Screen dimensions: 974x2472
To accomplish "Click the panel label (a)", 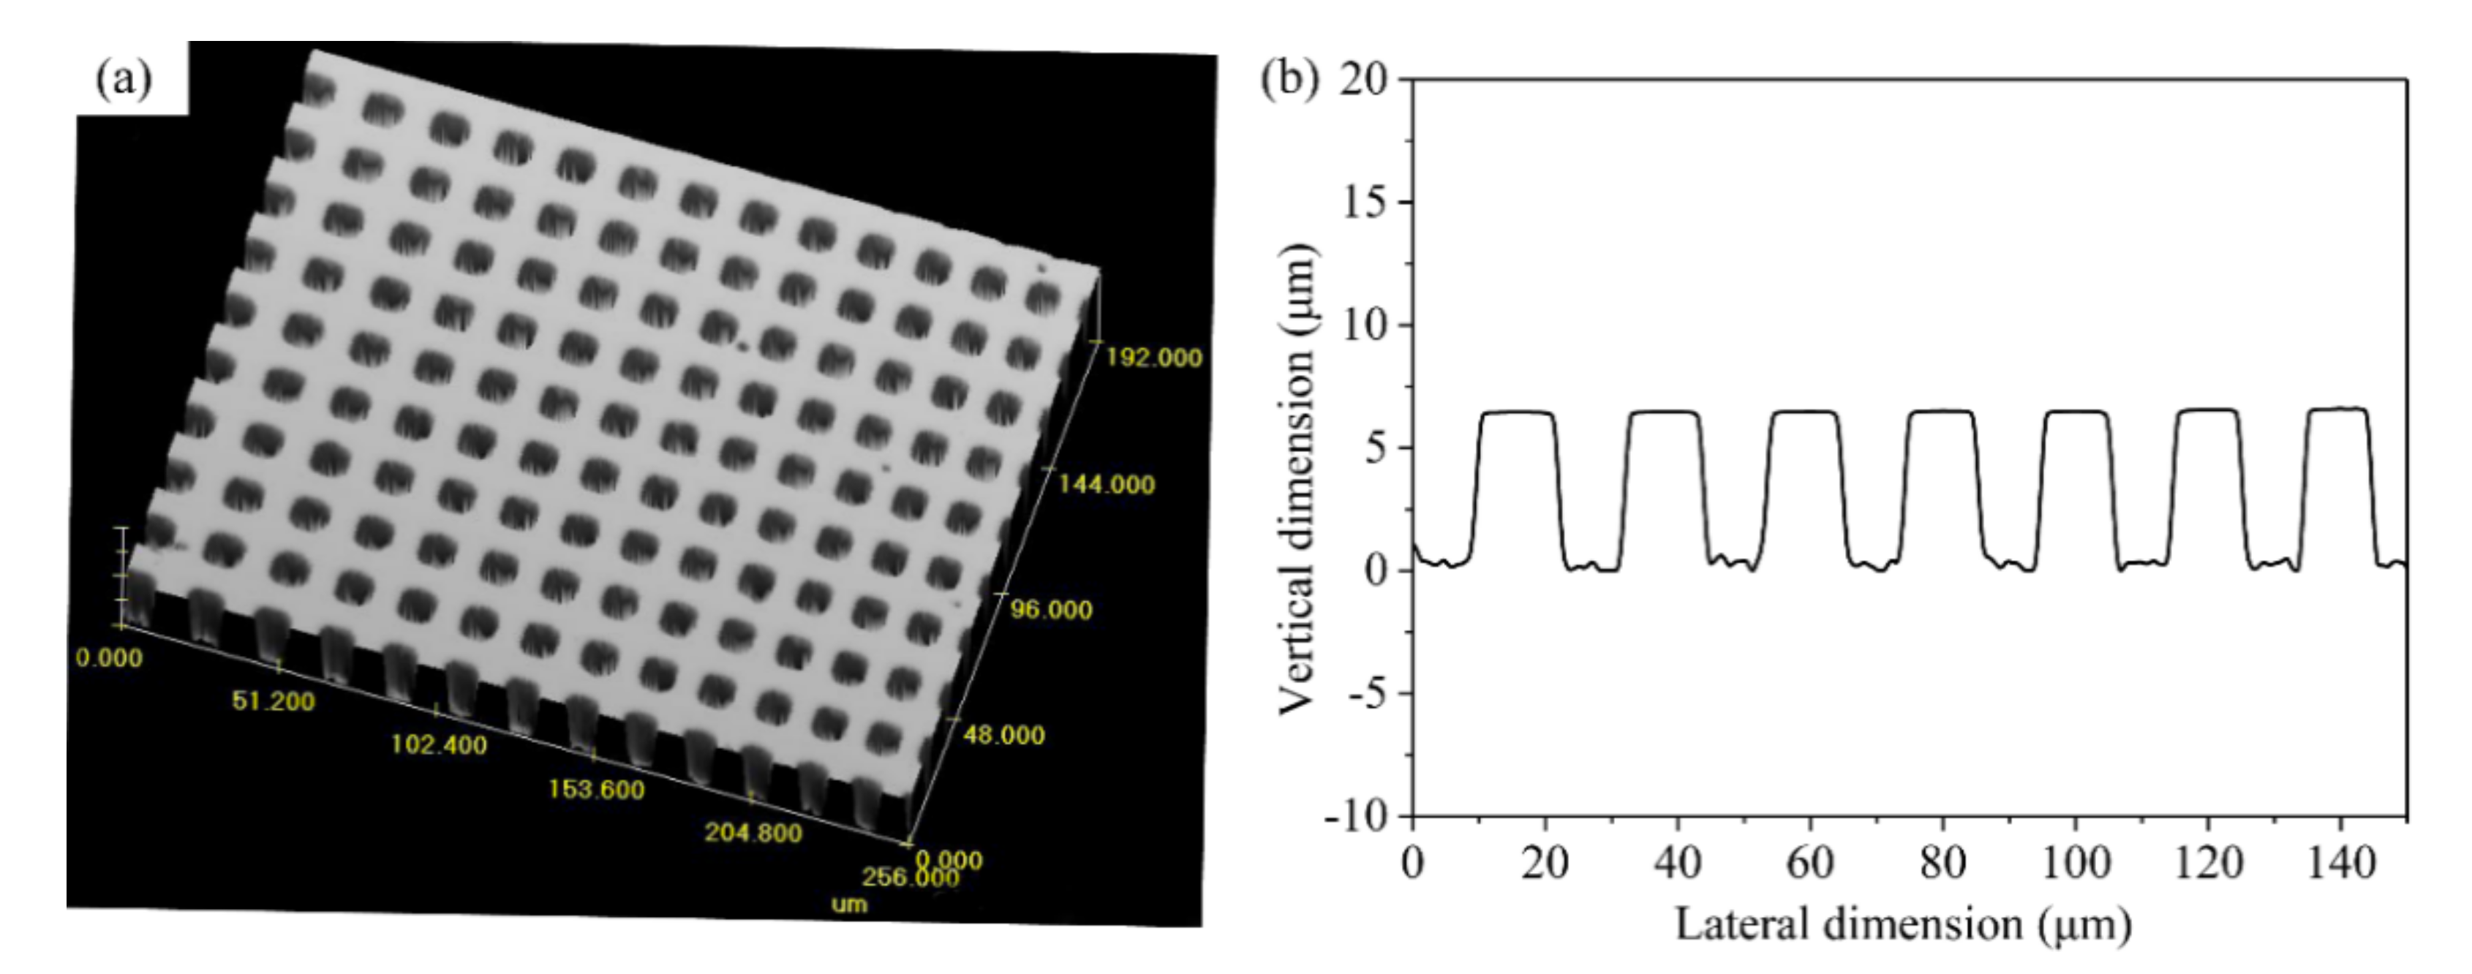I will point(124,80).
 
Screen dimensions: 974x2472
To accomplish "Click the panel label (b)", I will point(1289,78).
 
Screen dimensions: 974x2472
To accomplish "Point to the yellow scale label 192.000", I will point(1153,358).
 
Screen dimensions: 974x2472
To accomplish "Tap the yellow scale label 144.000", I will point(1106,485).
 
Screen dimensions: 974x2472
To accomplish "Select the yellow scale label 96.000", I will point(1051,611).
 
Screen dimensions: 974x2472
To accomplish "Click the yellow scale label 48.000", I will point(1003,736).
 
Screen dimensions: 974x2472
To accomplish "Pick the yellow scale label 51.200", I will point(273,701).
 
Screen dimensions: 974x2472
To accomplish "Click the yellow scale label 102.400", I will point(439,744).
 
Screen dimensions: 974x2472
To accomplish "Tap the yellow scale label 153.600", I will point(596,790).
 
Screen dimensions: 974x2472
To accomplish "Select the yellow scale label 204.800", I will point(753,833).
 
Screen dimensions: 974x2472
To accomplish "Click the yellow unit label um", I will point(848,904).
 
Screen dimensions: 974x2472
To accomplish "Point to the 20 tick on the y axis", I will point(1364,80).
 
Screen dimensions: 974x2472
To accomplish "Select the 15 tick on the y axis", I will point(1364,203).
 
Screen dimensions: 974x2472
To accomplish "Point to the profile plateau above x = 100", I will point(2076,412).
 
